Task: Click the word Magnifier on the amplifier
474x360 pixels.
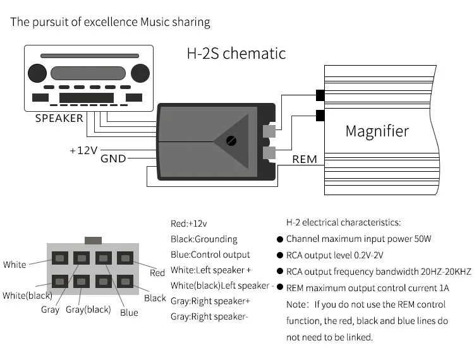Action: [377, 131]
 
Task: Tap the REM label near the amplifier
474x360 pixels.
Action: [305, 159]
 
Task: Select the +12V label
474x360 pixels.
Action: [83, 150]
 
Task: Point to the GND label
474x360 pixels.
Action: [113, 159]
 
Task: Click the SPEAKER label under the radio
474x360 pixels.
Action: [59, 118]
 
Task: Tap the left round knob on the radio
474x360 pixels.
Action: [37, 73]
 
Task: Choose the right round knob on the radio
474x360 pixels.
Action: [140, 73]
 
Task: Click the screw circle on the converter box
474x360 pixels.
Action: [231, 141]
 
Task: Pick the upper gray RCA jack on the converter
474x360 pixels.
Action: [269, 131]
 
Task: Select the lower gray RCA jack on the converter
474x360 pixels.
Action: [269, 153]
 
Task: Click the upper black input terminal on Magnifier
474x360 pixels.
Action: [320, 95]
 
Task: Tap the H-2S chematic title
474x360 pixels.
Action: [236, 54]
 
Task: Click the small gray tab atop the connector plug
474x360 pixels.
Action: [93, 241]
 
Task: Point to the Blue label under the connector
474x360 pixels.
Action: [129, 313]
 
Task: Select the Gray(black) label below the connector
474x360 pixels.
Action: [88, 309]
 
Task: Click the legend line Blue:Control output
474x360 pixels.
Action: [210, 255]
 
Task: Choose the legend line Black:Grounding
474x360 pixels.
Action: [204, 239]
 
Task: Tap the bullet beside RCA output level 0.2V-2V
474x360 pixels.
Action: [280, 255]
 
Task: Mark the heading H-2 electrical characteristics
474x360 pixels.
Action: [343, 222]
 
